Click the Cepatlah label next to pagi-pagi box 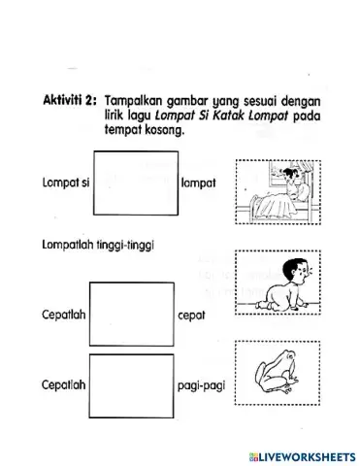63,384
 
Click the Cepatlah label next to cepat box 63,316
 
